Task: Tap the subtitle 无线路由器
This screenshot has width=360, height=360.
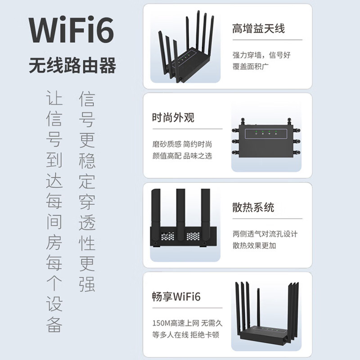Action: [x=72, y=66]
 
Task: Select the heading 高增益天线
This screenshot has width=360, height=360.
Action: [x=258, y=29]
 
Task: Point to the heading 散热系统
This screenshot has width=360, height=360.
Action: [x=253, y=207]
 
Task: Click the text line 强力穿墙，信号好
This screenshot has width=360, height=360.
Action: [x=261, y=55]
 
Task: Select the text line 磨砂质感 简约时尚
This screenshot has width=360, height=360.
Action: [x=182, y=144]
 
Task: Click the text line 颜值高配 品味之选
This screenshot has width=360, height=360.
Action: [x=182, y=156]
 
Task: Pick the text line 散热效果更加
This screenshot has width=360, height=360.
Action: [x=254, y=246]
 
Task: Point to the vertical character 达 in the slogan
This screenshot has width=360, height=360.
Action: [x=54, y=181]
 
